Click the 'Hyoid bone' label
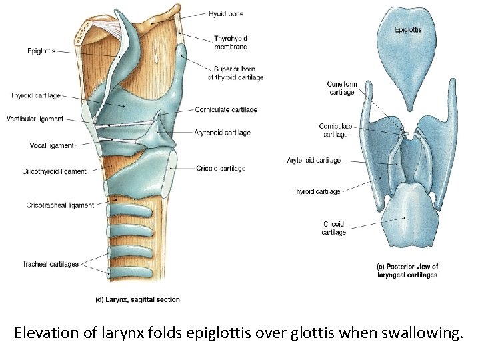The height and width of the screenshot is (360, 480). click(x=226, y=13)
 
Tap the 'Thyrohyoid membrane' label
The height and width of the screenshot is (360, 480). click(x=231, y=43)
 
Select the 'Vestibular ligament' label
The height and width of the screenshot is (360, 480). click(x=35, y=119)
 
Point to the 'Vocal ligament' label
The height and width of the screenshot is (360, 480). click(x=51, y=145)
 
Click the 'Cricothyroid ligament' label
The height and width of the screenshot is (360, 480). click(x=54, y=171)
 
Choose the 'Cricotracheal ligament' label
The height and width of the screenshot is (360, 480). click(x=60, y=205)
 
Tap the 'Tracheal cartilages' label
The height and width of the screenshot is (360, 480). click(x=52, y=264)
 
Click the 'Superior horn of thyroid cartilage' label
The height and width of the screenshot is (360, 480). click(x=235, y=73)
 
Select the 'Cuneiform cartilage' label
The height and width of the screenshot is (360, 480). click(x=341, y=88)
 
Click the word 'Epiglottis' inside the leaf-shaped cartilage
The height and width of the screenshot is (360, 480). click(x=408, y=30)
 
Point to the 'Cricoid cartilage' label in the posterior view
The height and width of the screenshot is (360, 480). click(x=333, y=228)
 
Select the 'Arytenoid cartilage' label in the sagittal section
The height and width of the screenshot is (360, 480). click(x=223, y=133)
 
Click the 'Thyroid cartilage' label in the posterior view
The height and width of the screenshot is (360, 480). click(x=317, y=192)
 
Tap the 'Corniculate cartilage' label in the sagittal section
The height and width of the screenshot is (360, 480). click(x=226, y=109)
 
